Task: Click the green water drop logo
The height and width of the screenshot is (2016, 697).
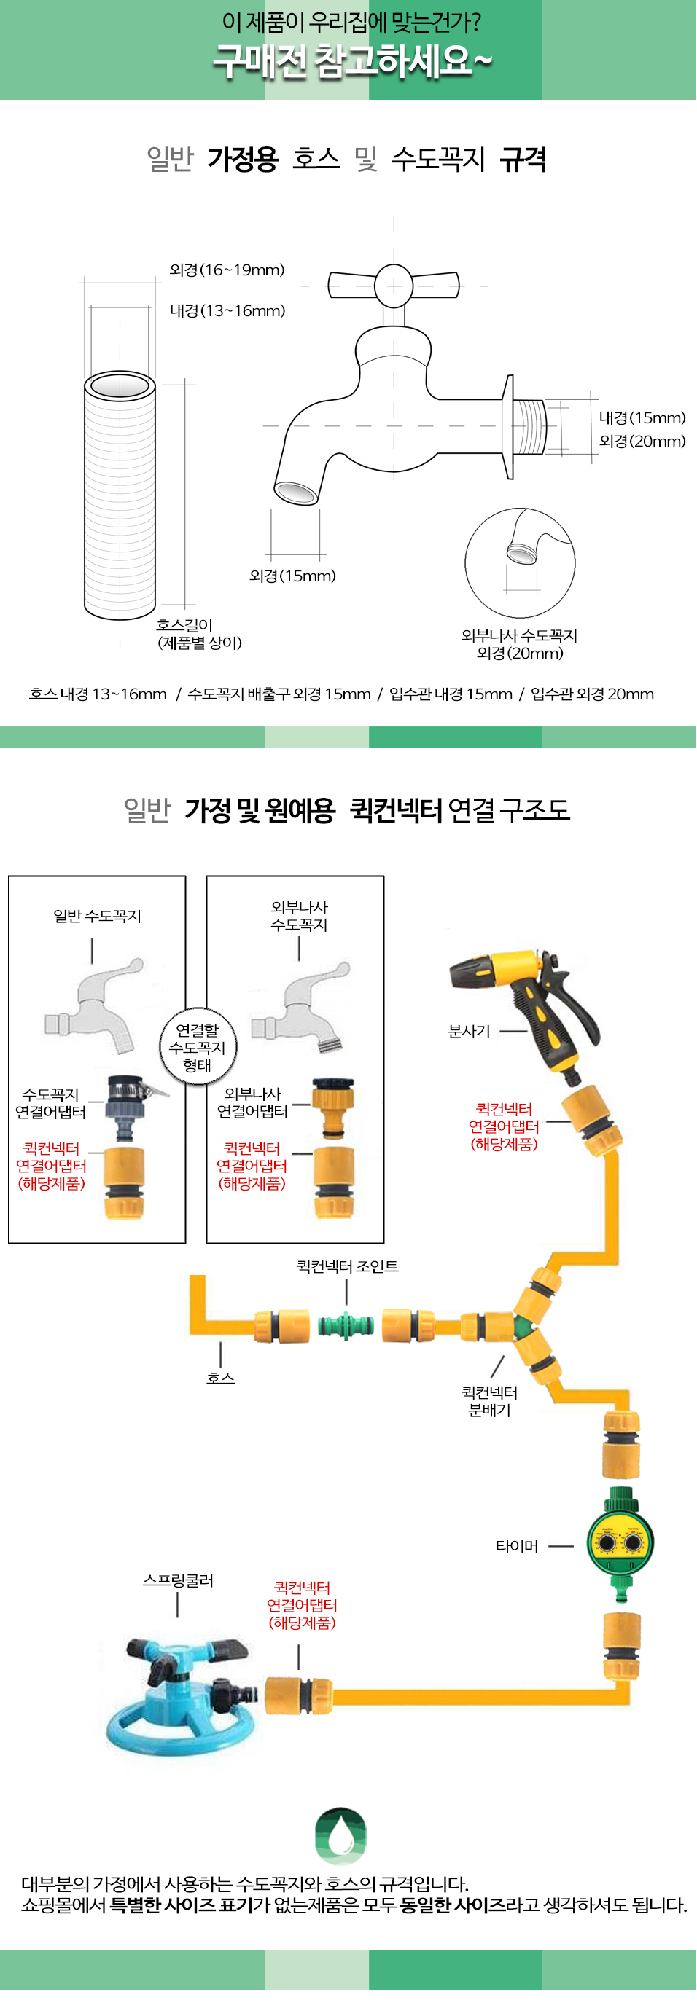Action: click(x=340, y=1836)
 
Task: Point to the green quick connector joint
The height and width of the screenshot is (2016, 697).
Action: click(x=346, y=1325)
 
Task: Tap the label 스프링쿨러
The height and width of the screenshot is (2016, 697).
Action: click(x=178, y=1580)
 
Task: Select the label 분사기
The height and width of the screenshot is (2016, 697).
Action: click(x=469, y=1032)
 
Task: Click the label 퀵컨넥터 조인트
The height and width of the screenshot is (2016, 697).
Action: click(x=347, y=1266)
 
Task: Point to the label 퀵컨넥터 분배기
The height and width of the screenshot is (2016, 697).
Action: click(x=489, y=1401)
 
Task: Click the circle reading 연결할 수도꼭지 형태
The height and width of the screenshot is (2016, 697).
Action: click(x=198, y=1046)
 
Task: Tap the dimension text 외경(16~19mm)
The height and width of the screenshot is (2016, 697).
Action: click(x=227, y=270)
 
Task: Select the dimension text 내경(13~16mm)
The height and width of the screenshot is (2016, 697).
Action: click(x=228, y=310)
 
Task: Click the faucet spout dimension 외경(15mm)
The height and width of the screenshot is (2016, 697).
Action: click(x=293, y=576)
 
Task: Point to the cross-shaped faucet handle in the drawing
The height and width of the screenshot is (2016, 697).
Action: click(x=394, y=285)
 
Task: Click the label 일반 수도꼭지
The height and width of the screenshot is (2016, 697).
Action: click(x=97, y=916)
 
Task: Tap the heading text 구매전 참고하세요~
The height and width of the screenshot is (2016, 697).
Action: click(x=352, y=61)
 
